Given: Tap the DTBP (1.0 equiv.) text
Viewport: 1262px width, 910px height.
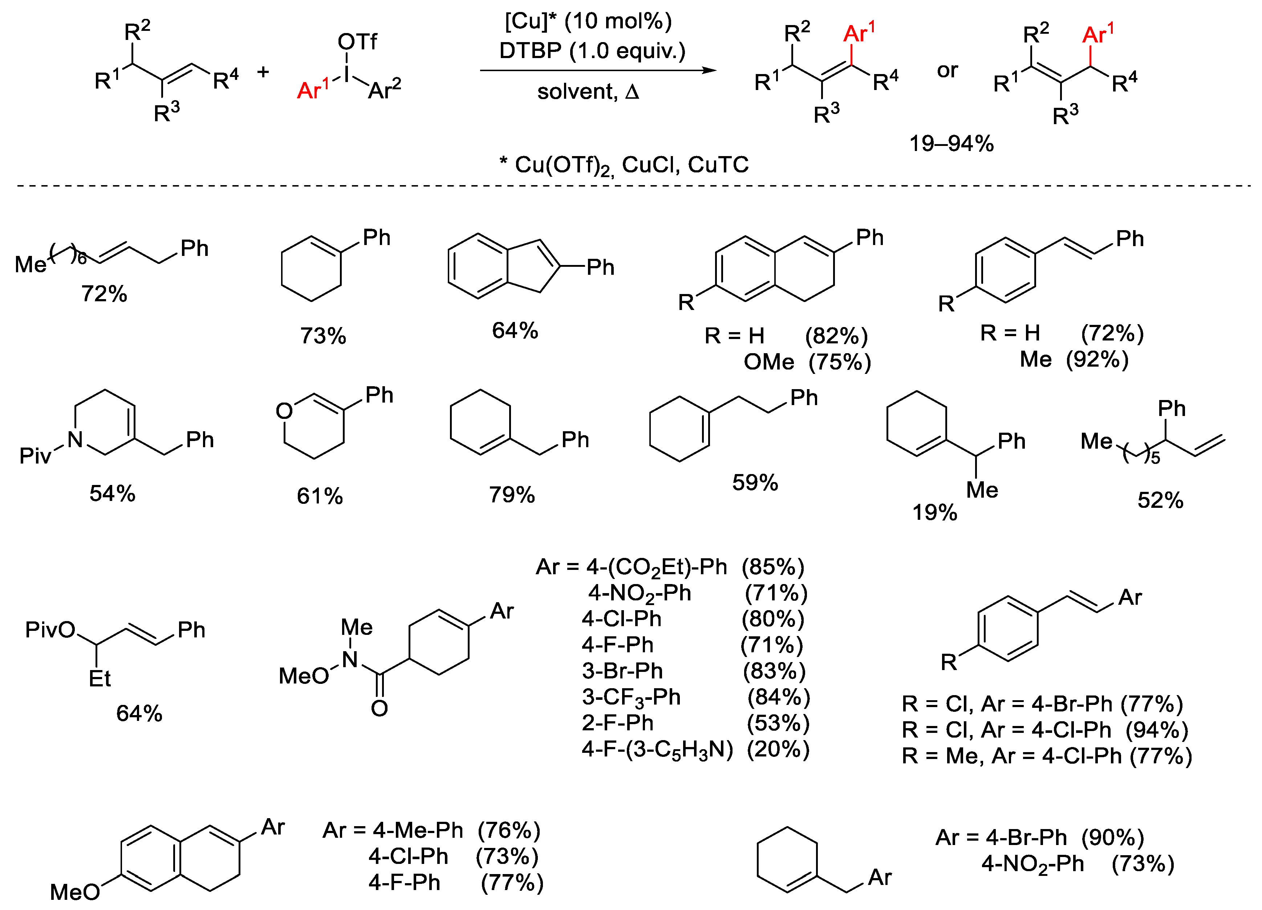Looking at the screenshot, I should coord(592,51).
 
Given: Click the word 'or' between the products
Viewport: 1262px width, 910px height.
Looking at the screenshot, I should coord(947,71).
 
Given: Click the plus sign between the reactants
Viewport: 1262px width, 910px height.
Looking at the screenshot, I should coord(263,72).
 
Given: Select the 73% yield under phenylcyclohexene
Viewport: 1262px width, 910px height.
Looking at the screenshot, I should coord(323,336).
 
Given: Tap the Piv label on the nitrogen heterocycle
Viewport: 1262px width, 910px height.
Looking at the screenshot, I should coord(35,456).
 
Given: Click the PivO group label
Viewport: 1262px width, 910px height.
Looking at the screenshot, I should coord(50,630).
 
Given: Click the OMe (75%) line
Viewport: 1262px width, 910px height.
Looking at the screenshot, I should coord(807,362).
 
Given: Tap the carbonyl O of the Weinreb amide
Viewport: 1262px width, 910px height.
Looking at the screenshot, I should coord(380,708).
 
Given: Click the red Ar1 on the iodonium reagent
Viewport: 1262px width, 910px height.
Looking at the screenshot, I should coord(313,90).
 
